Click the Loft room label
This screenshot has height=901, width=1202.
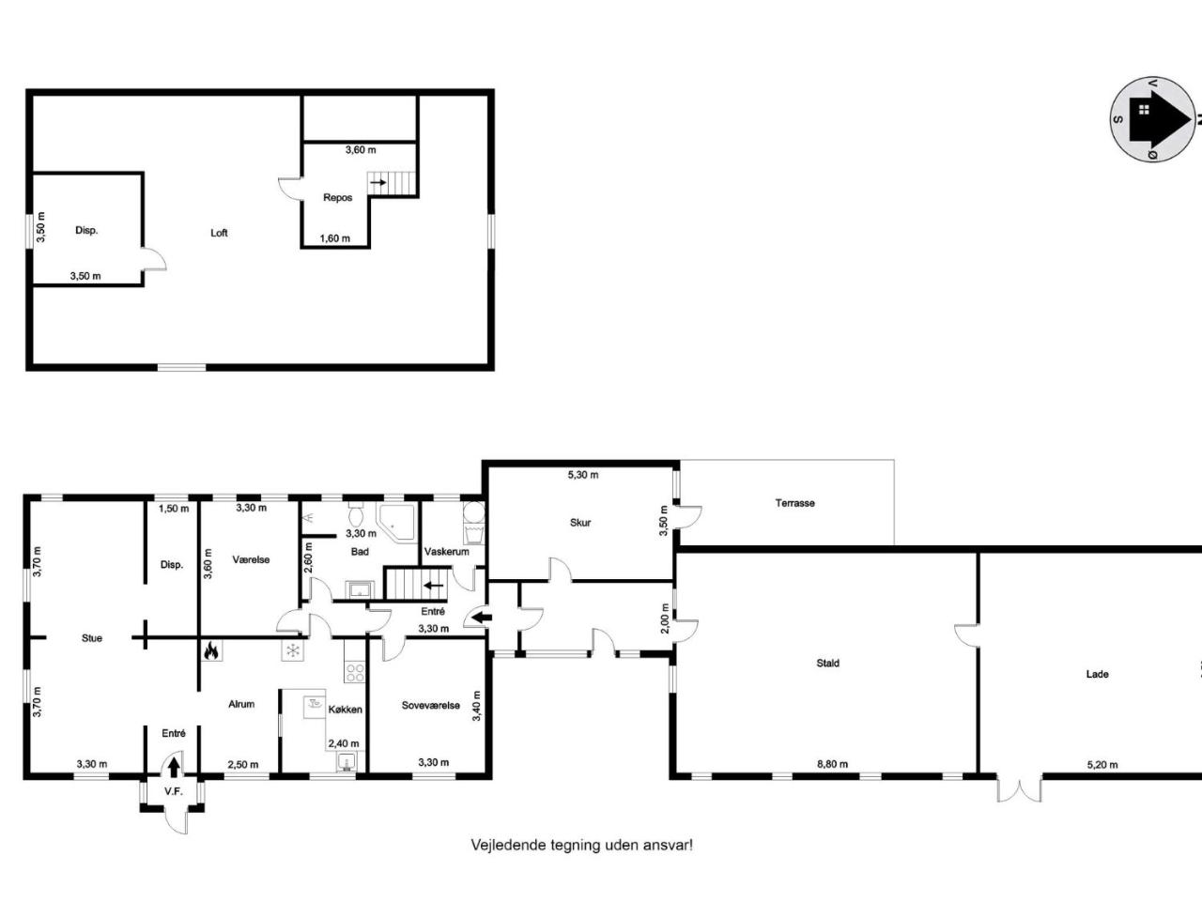pos(219,233)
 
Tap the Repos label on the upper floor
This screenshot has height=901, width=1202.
pos(337,197)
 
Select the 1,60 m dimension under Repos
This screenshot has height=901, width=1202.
pos(334,238)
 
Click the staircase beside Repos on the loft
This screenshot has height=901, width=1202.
pos(393,182)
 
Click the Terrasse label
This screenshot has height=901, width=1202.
pos(794,503)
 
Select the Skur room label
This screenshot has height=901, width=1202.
pos(580,523)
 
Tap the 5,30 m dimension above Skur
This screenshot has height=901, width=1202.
pos(582,475)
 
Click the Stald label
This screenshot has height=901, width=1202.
pos(827,663)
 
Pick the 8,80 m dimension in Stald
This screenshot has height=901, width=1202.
pos(831,764)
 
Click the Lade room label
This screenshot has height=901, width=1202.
pos(1097,674)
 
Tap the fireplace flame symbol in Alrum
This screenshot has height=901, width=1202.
pos(211,650)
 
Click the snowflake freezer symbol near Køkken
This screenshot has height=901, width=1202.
pos(292,650)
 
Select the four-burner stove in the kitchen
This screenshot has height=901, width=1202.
pos(355,672)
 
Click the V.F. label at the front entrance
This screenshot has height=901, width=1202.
pos(173,791)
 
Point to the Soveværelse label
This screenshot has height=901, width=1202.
pos(430,705)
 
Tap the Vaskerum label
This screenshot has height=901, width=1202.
pos(446,552)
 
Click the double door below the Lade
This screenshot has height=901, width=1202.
pos(1019,788)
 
